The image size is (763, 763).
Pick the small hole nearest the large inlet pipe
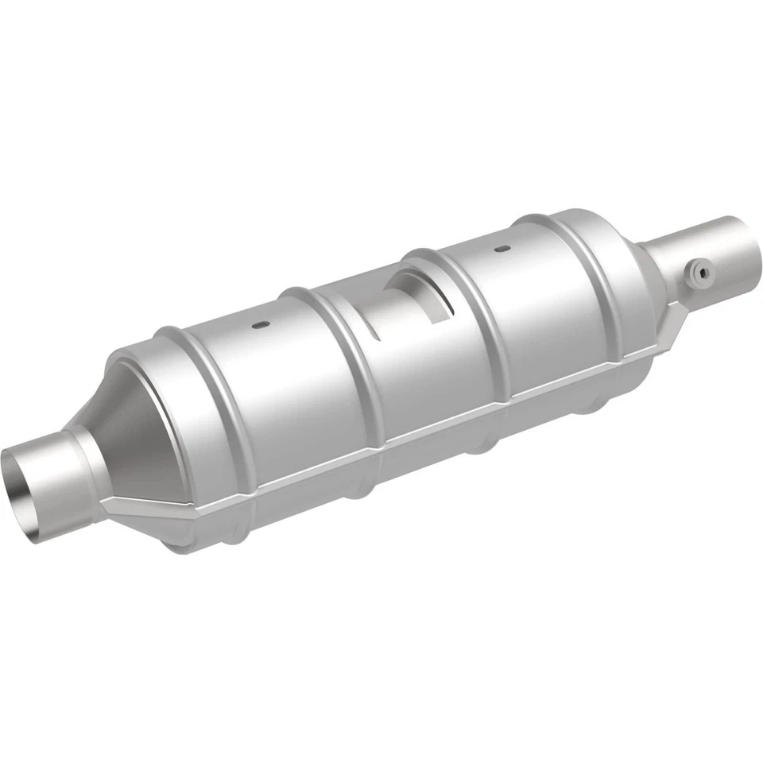pos(259,324)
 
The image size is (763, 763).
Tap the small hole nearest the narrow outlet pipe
pos(502,249)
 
